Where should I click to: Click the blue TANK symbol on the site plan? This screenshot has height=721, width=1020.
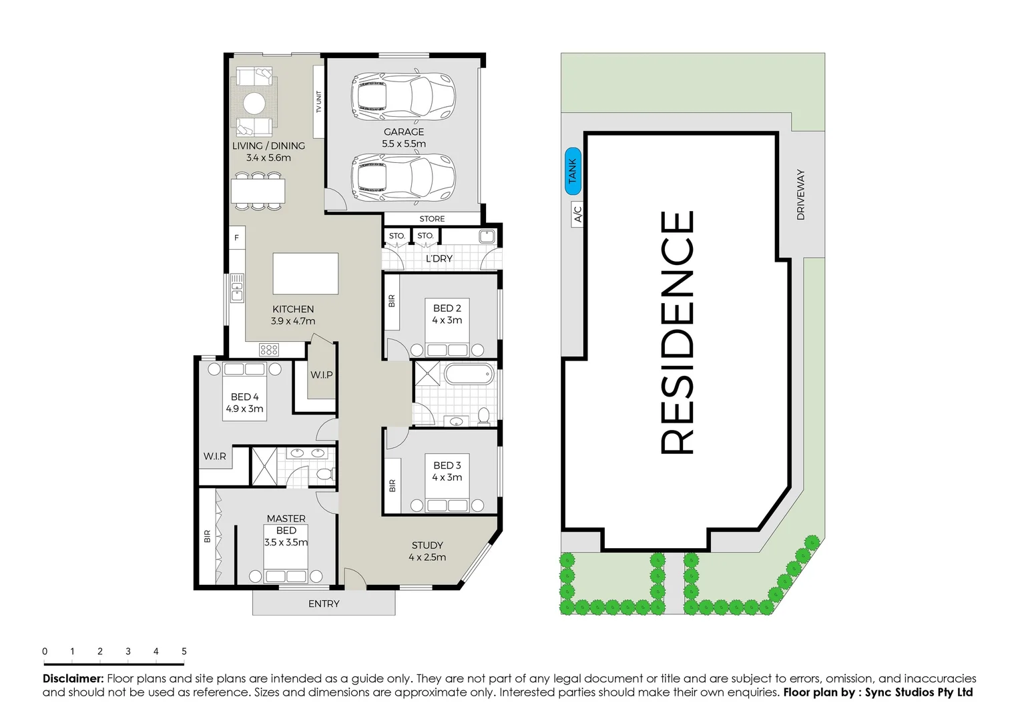(x=573, y=171)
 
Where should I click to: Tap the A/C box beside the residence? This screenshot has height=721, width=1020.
(x=578, y=214)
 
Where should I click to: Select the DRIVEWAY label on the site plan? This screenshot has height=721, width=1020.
(x=800, y=194)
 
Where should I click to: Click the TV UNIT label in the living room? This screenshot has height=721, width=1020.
(x=318, y=101)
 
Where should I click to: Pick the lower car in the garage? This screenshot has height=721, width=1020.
(x=403, y=177)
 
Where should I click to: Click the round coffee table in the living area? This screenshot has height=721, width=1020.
(x=254, y=103)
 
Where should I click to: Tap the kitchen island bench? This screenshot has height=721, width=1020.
(x=305, y=274)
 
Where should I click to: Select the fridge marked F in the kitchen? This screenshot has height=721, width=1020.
(x=236, y=238)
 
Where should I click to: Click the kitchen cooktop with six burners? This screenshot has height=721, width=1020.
(x=269, y=349)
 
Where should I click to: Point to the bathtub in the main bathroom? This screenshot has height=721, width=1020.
(x=469, y=374)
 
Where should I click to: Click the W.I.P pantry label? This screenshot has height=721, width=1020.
(x=321, y=375)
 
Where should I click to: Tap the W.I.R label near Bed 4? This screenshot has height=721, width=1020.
(x=215, y=457)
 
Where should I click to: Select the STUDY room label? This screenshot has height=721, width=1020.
(x=427, y=545)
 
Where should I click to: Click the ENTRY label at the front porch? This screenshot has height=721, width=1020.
(x=324, y=604)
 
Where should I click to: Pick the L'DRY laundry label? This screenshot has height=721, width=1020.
(x=439, y=258)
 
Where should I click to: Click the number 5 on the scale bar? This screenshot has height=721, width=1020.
(x=184, y=651)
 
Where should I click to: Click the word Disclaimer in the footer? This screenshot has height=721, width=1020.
(x=73, y=678)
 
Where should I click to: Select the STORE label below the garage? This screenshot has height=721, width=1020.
(x=432, y=219)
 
